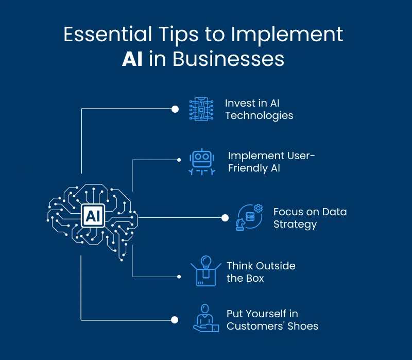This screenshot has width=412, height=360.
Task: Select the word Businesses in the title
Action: tap(228, 59)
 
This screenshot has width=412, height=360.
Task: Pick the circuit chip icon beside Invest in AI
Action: tap(201, 109)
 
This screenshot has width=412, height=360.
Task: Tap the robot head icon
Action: tap(201, 162)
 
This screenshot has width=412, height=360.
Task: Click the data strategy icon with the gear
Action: tap(249, 217)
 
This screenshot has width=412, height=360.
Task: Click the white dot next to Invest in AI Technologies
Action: tap(175, 109)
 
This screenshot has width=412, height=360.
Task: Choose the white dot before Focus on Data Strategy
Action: tap(225, 217)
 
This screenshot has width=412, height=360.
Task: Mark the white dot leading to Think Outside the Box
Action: tap(179, 277)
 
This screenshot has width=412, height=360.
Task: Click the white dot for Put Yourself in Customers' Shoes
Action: tap(175, 320)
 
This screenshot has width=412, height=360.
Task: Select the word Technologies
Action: tap(259, 115)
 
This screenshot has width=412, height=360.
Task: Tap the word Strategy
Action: tap(295, 224)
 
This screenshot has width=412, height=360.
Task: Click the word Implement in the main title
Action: tap(287, 34)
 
